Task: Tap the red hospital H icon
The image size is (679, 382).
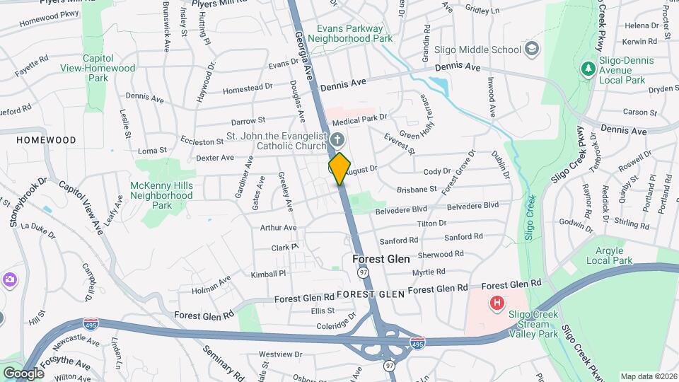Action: [497, 303]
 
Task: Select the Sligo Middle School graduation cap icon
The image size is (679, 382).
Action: [532, 50]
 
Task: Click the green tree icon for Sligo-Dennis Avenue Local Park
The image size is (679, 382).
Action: [586, 69]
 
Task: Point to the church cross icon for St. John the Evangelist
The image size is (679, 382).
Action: [337, 138]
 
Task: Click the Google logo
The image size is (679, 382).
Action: [23, 373]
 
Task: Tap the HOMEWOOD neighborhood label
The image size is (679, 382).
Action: [47, 140]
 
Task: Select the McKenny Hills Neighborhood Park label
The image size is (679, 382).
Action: [162, 195]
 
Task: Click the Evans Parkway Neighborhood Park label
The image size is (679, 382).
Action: [354, 33]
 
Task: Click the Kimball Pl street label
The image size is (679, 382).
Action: [267, 273]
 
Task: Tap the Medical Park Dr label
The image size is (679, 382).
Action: [365, 117]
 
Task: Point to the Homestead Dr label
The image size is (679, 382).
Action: [247, 88]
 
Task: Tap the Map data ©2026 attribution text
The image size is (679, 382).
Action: [649, 376]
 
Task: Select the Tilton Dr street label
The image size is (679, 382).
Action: [431, 224]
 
